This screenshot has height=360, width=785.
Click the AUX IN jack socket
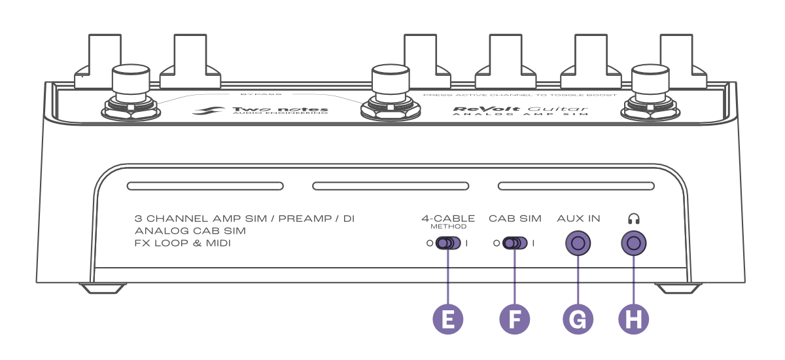coord(578,244)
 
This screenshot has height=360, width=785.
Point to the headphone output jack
coord(634,244)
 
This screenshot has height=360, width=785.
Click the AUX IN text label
coord(578,219)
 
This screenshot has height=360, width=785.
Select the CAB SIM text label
coord(515,219)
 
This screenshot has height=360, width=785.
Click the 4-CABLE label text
coord(448,219)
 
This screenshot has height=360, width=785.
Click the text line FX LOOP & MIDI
coord(183,243)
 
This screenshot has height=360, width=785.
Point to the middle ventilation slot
coord(391,187)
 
